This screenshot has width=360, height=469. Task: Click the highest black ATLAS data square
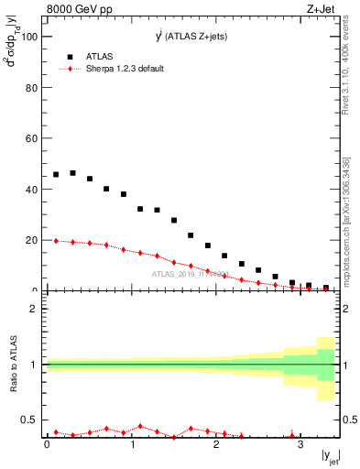(72, 172)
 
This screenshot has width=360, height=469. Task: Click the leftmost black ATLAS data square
(56, 174)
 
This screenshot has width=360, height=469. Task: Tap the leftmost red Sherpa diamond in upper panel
(56, 241)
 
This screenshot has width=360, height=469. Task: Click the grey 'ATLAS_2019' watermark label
(189, 273)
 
